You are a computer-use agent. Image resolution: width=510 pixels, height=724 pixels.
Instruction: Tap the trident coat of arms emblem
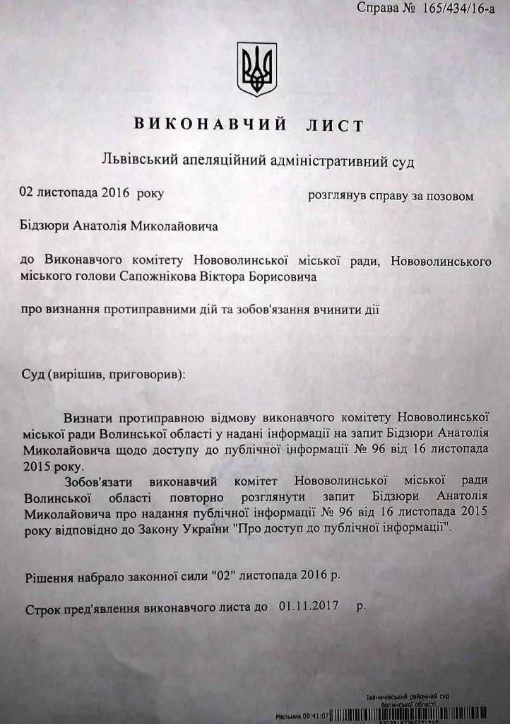point(256,69)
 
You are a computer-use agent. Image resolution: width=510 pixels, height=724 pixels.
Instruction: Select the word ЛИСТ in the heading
point(336,126)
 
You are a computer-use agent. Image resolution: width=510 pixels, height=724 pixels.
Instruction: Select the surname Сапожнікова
point(160,277)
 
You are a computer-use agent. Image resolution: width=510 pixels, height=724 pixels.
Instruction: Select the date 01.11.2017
point(309,606)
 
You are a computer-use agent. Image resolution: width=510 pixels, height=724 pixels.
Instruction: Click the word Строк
point(43,607)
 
